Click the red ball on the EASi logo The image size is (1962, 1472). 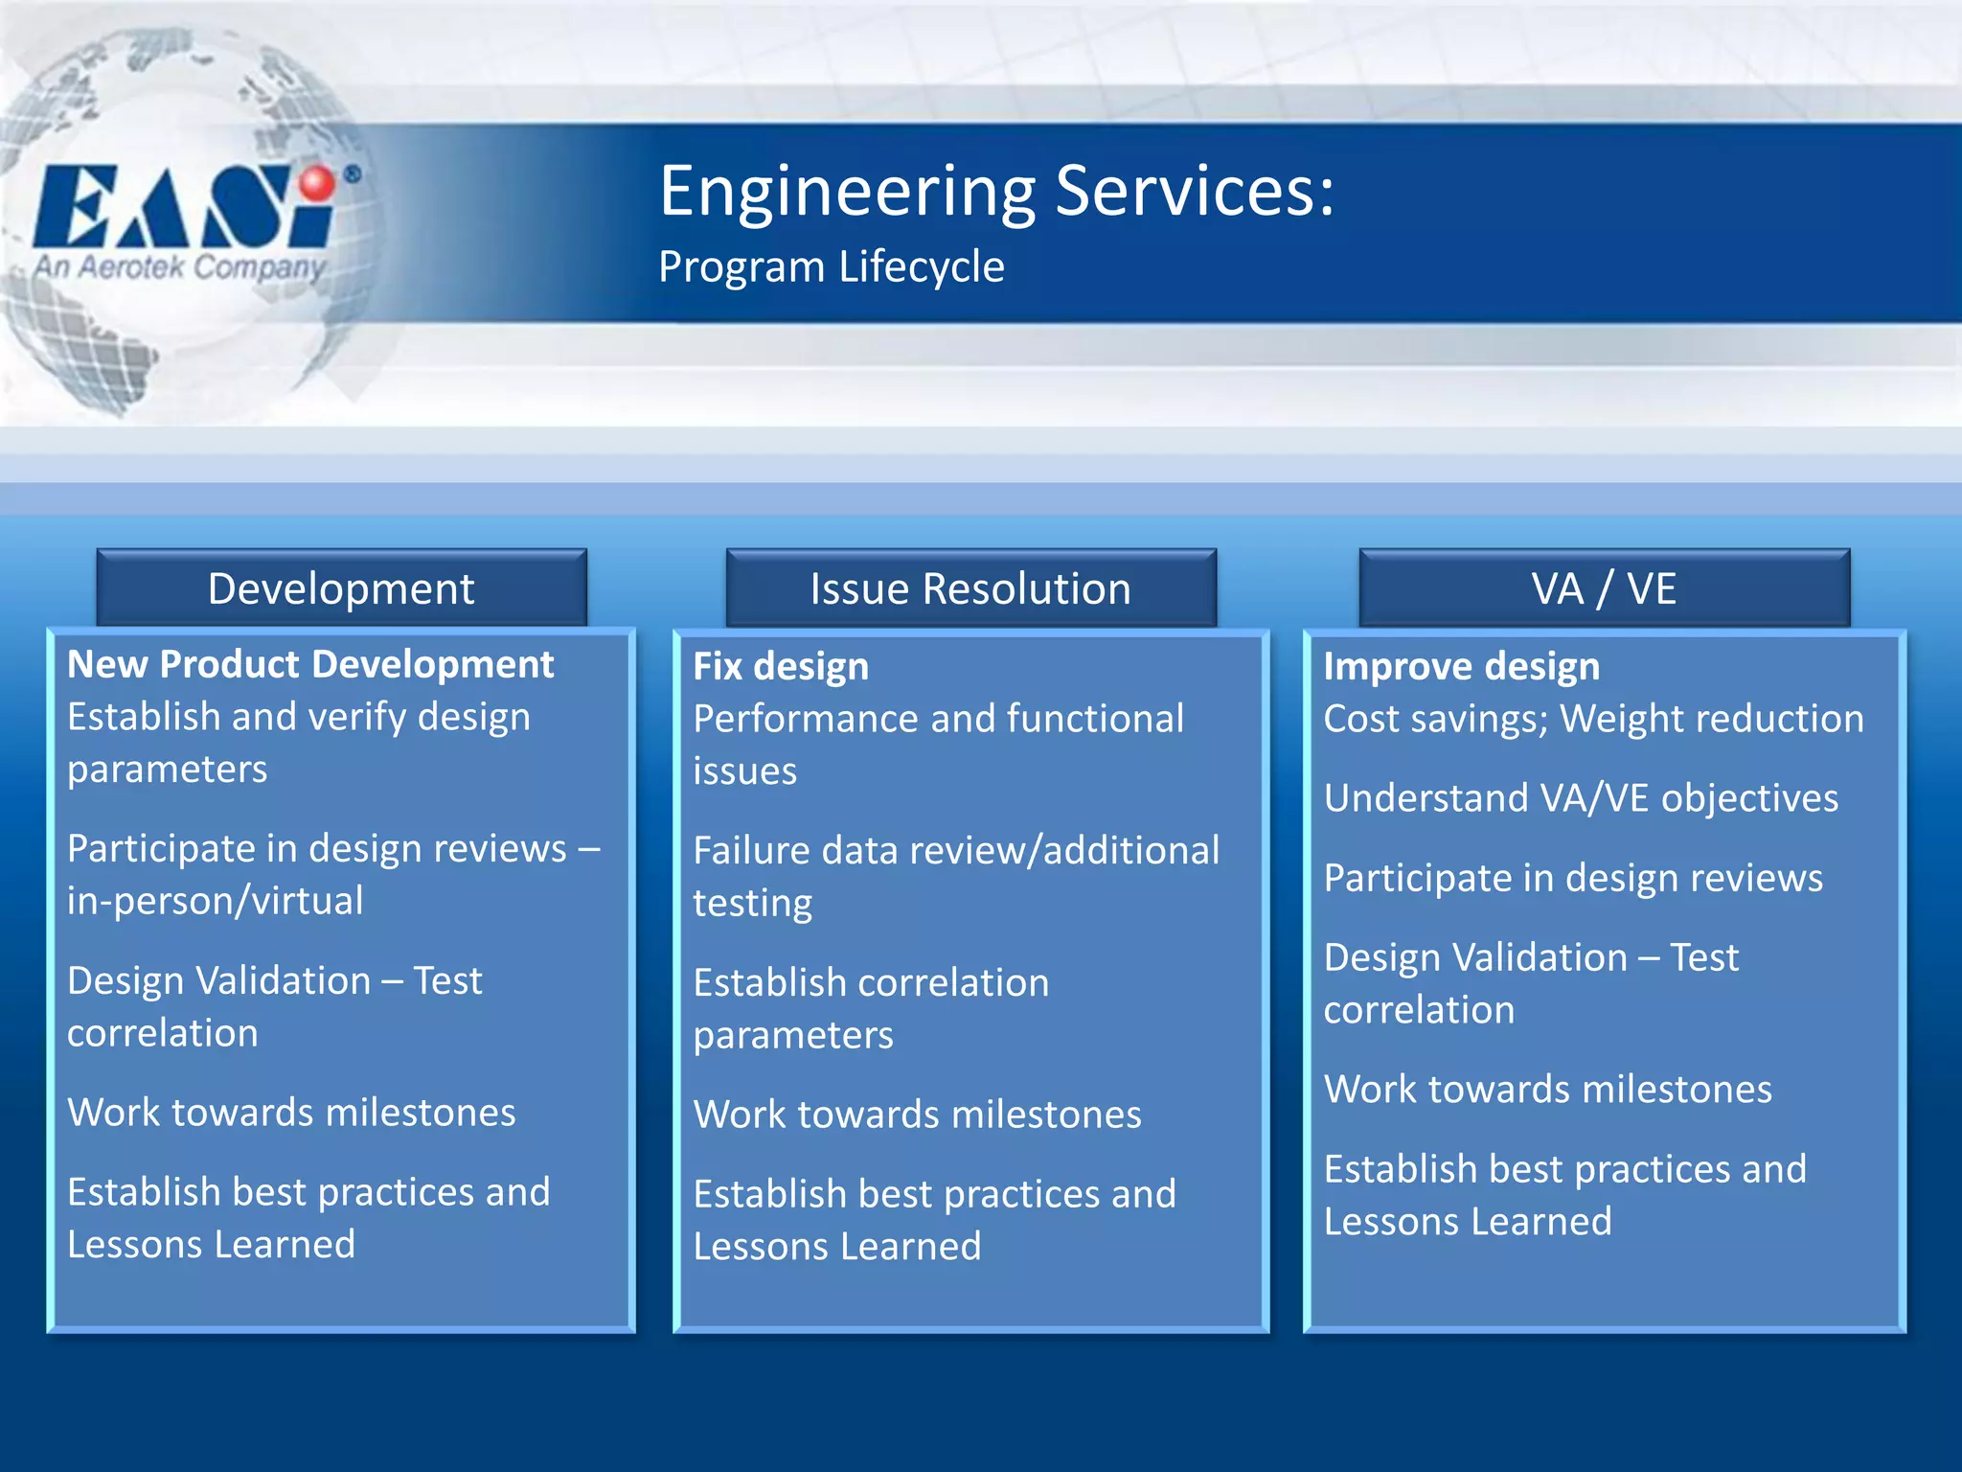point(317,183)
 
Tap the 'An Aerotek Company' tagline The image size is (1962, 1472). point(180,266)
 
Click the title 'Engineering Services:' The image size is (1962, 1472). point(996,192)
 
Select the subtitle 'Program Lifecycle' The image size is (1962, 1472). point(831,266)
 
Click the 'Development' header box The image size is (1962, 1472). point(341,588)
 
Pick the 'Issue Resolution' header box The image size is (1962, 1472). point(970,588)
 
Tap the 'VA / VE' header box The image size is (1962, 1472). point(1604,588)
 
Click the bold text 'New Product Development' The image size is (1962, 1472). point(310,664)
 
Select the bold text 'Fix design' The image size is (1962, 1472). point(781,666)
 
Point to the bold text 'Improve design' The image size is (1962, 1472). point(1461,666)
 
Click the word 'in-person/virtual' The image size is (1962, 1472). point(216,901)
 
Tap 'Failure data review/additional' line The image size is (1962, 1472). point(955,851)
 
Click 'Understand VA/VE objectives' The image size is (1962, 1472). point(1581,798)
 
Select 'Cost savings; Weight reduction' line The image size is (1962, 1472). point(1593,719)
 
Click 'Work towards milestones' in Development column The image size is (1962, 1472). point(291,1113)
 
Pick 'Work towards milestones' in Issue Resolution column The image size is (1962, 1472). point(917,1115)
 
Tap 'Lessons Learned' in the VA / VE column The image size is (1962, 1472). point(1467,1222)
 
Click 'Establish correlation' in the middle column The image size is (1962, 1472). point(871,983)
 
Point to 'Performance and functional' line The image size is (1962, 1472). point(938,719)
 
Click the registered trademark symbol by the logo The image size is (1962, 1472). point(353,174)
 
